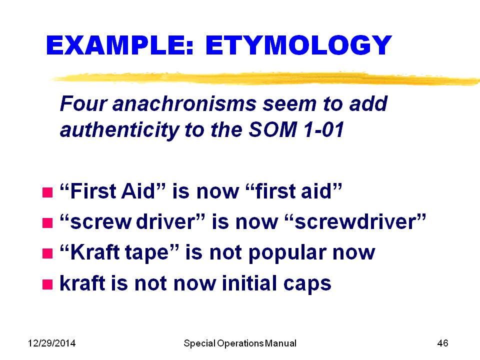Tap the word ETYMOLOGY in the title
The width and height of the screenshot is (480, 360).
tap(298, 45)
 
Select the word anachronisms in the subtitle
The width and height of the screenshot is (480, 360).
tap(184, 103)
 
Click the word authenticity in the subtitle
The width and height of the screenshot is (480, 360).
tap(119, 130)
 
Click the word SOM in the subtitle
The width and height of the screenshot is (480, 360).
tap(272, 129)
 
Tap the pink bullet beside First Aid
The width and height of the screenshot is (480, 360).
tap(47, 192)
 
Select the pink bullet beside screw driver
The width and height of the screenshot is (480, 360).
tap(47, 223)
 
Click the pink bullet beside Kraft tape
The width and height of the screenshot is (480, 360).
tap(47, 253)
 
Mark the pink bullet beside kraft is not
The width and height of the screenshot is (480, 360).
tap(47, 284)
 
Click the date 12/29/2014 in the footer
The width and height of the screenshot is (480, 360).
tap(51, 343)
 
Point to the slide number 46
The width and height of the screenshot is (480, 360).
tap(442, 343)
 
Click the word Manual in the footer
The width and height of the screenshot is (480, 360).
tap(280, 343)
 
